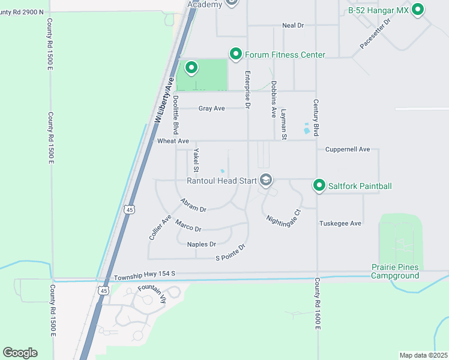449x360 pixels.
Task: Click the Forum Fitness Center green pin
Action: [x=236, y=54]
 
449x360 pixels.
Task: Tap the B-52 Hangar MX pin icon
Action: [x=418, y=10]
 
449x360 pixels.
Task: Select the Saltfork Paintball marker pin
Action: [x=319, y=185]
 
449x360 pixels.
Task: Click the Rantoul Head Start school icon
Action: [x=265, y=180]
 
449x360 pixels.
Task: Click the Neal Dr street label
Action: [x=293, y=26]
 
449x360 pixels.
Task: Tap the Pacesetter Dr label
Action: [x=375, y=34]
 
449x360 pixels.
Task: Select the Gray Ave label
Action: [x=211, y=109]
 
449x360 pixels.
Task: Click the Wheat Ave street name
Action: [x=173, y=141]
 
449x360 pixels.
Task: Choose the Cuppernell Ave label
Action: [x=348, y=149]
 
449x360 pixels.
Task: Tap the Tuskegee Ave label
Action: [x=340, y=223]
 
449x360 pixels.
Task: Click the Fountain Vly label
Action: [x=150, y=289]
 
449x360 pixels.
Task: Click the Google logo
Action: [x=20, y=353]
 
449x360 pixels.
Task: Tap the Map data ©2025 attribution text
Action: [x=423, y=355]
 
